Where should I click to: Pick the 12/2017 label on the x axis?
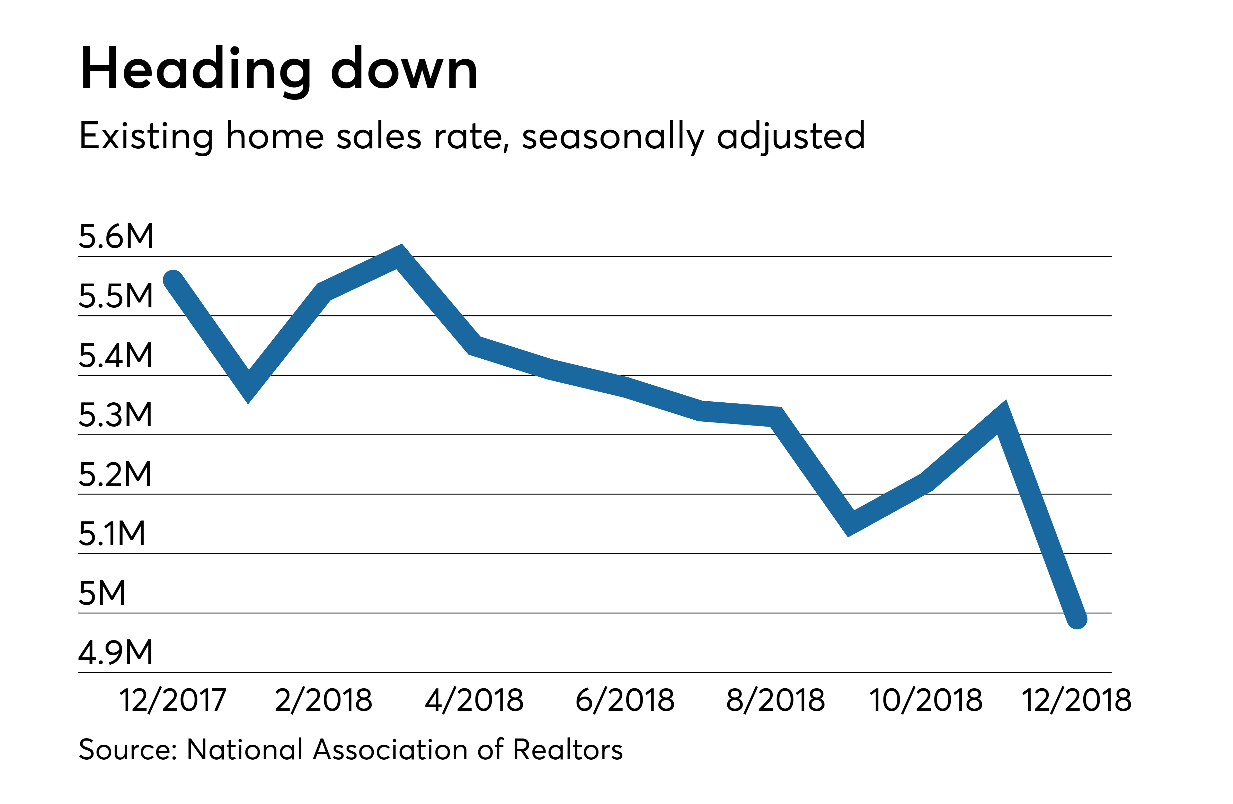172,700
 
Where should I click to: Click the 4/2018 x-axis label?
474,700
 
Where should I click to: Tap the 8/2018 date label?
775,700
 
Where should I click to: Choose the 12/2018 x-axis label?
1076,700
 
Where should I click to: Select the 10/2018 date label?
926,700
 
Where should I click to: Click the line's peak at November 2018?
1002,416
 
